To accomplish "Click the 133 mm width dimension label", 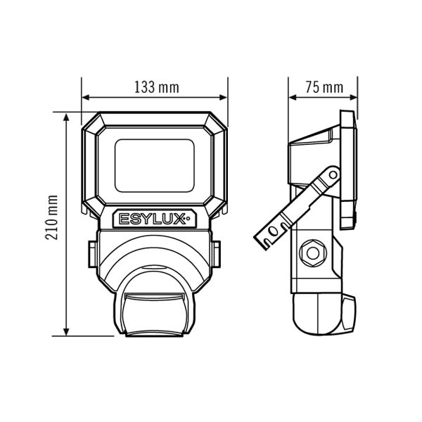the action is pos(157,87).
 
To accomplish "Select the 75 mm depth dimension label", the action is pos(324,87).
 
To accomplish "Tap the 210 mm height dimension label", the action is pos(51,217).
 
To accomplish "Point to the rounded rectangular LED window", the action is pos(155,165).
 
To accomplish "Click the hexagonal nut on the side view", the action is pos(313,253).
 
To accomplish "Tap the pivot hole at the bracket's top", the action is pos(333,175).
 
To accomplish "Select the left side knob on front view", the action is pos(93,255).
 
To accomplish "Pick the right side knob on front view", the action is pos(216,255).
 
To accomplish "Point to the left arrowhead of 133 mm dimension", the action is pos(85,97).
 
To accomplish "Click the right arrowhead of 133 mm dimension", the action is pos(224,97).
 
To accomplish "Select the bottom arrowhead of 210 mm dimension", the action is pos(66,332).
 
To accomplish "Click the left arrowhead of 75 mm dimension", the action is pos(293,97).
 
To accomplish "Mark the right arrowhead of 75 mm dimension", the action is pos(353,97).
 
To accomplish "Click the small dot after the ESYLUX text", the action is pos(188,219).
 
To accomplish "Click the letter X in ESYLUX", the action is pos(179,219).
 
